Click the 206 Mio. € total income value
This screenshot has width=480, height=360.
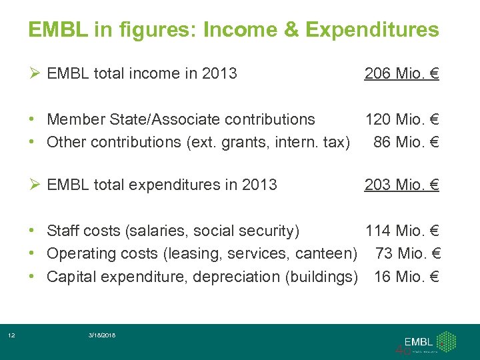(401, 73)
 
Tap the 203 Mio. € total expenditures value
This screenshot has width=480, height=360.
(401, 185)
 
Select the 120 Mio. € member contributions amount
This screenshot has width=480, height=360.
(401, 119)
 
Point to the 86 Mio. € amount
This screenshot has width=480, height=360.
(406, 142)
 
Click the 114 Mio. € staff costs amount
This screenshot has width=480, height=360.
(401, 231)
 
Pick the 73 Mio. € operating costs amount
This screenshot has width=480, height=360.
(409, 254)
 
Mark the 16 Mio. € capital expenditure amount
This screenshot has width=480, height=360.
(406, 277)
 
